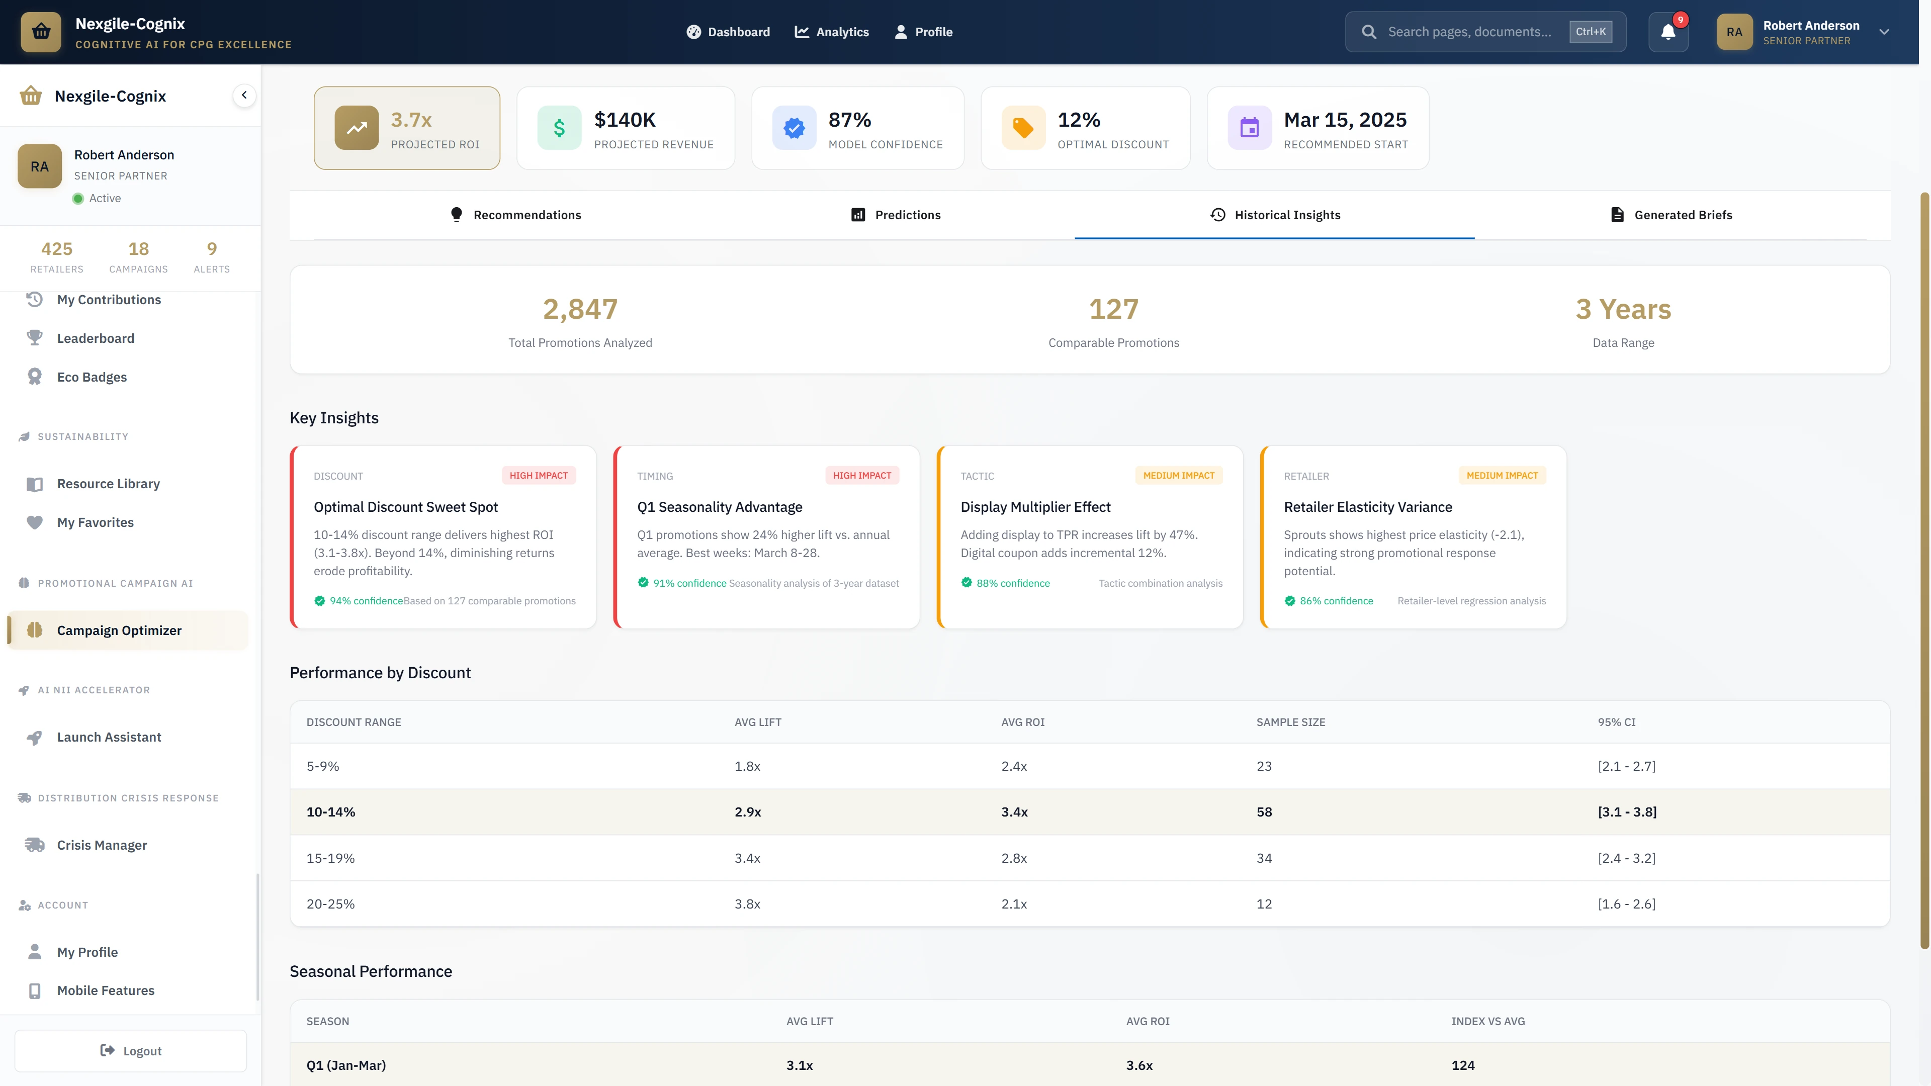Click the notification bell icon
point(1668,32)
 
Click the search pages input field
point(1469,32)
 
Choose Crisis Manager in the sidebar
point(102,845)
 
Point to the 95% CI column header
point(1616,722)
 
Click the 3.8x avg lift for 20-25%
point(747,904)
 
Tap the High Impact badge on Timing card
point(861,475)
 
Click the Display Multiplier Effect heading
point(1035,507)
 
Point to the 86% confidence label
point(1336,601)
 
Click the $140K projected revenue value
point(625,120)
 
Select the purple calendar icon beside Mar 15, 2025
point(1249,128)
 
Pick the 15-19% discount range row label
point(330,858)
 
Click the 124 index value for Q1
point(1462,1065)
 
